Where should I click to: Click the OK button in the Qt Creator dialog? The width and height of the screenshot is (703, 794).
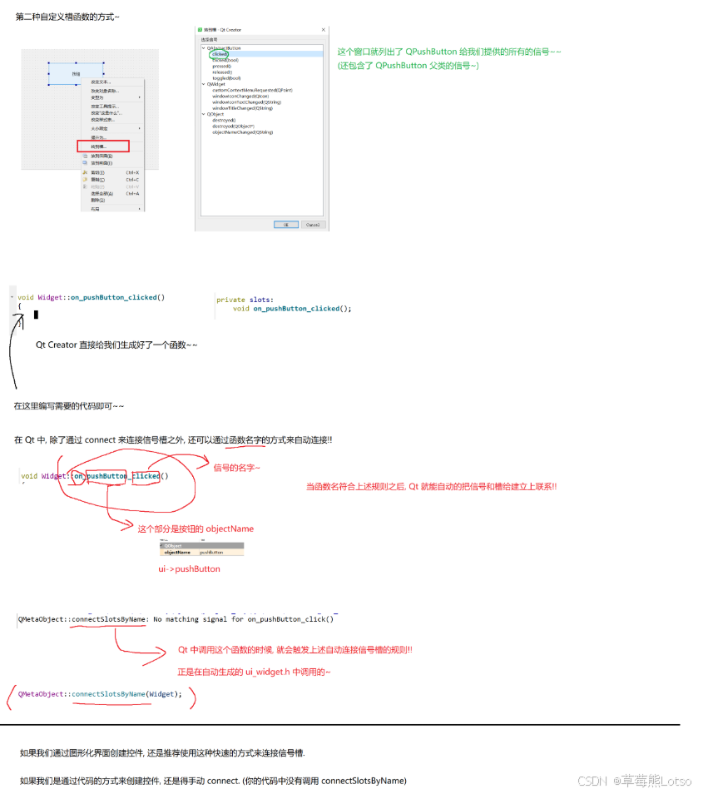point(285,224)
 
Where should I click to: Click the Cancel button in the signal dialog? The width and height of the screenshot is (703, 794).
point(312,224)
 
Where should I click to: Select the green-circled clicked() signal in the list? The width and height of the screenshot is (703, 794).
point(219,54)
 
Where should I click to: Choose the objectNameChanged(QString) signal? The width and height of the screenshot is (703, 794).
point(242,132)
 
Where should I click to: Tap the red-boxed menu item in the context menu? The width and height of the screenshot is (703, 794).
point(103,146)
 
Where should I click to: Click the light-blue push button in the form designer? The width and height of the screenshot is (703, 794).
point(76,74)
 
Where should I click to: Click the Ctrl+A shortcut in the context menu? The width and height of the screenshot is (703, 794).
point(132,193)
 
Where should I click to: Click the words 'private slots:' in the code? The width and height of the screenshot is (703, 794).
point(245,300)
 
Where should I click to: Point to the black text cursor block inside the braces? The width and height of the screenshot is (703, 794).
point(36,315)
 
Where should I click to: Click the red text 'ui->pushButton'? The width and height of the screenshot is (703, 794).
point(190,569)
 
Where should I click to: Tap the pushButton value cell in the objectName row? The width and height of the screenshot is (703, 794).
point(211,552)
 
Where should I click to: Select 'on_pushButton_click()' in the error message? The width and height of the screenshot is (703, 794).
point(290,619)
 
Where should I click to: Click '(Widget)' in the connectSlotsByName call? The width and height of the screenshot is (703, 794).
point(163,694)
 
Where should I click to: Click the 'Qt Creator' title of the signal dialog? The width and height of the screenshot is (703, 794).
point(230,30)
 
